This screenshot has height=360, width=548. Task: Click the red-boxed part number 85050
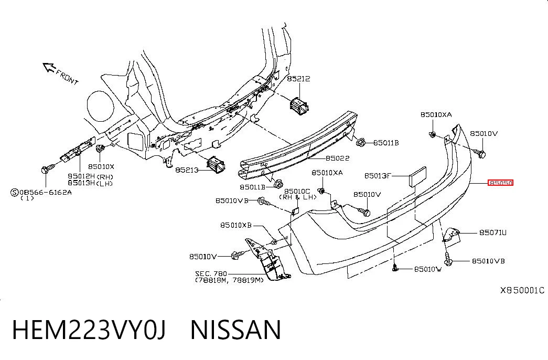pyautogui.click(x=500, y=183)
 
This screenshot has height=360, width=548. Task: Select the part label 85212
pyautogui.click(x=298, y=79)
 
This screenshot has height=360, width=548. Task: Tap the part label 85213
pyautogui.click(x=187, y=170)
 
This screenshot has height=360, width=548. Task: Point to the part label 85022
pyautogui.click(x=337, y=158)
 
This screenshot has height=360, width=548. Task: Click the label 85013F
pyautogui.click(x=378, y=176)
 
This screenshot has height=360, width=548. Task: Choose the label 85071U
pyautogui.click(x=493, y=232)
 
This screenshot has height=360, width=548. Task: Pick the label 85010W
pyautogui.click(x=428, y=269)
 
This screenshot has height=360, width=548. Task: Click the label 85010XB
pyautogui.click(x=236, y=225)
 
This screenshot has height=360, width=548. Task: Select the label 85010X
pyautogui.click(x=101, y=167)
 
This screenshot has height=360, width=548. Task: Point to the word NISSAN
pyautogui.click(x=235, y=330)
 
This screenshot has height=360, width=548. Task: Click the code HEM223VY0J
pyautogui.click(x=89, y=330)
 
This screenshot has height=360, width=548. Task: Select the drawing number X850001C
pyautogui.click(x=522, y=290)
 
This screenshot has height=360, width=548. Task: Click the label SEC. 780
pyautogui.click(x=211, y=273)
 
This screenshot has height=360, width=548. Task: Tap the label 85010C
pyautogui.click(x=297, y=192)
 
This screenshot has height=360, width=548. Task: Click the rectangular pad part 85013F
pyautogui.click(x=417, y=176)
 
